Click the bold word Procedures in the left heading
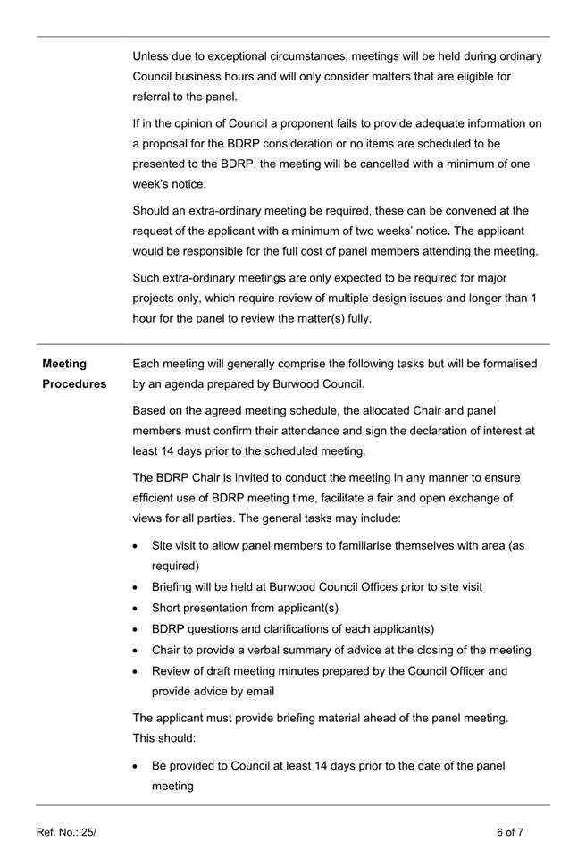point(74,384)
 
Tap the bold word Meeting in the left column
point(64,364)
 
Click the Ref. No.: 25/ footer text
point(66,832)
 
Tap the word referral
point(155,97)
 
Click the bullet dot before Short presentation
point(135,609)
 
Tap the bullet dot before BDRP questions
point(135,629)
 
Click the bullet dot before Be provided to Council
point(135,766)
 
